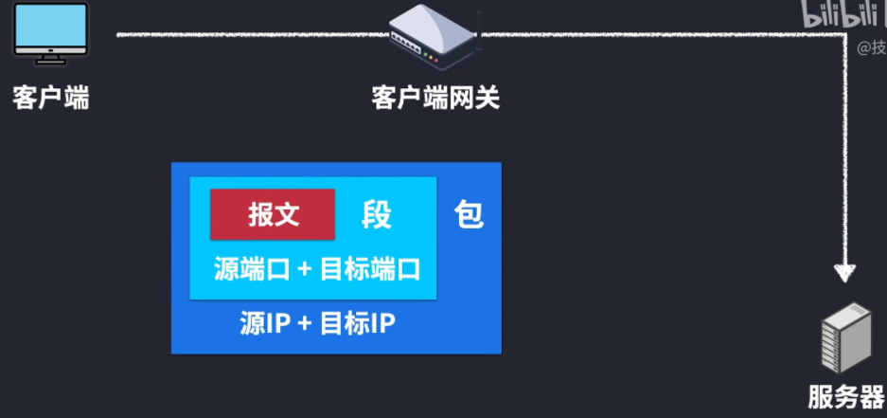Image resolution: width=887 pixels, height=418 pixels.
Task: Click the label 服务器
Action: [x=845, y=397]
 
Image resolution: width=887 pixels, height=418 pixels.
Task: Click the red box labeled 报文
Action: [x=273, y=214]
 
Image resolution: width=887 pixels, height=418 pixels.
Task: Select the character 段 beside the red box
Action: [x=376, y=215]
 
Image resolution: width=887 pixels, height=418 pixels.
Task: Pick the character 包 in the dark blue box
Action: [x=469, y=215]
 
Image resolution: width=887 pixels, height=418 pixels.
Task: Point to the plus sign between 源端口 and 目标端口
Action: [x=304, y=269]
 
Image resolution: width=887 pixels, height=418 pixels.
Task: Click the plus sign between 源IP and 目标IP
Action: [x=304, y=324]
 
